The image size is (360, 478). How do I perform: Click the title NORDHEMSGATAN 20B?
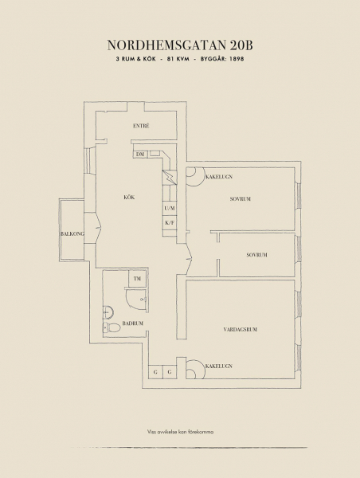(180, 45)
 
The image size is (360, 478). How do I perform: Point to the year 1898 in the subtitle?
(237, 59)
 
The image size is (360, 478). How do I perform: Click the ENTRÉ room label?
(141, 126)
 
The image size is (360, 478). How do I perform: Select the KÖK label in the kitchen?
(129, 198)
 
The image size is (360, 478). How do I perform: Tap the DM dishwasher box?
(140, 155)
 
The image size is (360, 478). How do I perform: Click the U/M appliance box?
(170, 209)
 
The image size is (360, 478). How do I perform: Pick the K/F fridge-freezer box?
(170, 222)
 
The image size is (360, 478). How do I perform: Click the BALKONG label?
(72, 233)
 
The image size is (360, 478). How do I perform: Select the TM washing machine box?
(137, 278)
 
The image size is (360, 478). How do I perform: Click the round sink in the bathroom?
(108, 312)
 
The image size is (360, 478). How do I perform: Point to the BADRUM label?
(132, 323)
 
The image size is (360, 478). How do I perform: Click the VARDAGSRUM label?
(241, 329)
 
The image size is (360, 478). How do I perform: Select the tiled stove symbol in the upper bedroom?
(195, 177)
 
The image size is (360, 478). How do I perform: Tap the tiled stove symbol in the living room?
(195, 370)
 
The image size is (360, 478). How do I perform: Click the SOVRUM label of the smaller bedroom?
(256, 255)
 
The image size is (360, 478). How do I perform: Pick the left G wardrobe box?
(155, 372)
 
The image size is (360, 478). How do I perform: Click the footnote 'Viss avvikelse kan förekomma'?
(180, 432)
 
